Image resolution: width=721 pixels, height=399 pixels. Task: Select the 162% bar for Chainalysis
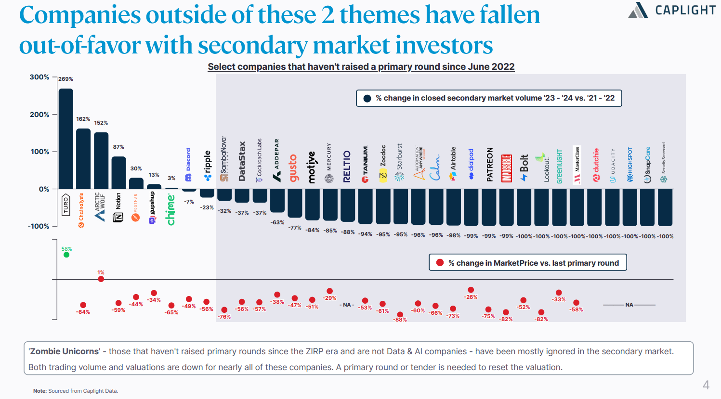point(83,159)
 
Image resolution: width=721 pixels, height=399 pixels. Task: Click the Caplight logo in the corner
point(672,10)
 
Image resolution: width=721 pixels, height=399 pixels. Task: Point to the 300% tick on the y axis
point(39,77)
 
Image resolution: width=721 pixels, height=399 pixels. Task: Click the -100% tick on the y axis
point(39,226)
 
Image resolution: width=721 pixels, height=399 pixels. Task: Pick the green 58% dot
point(66,255)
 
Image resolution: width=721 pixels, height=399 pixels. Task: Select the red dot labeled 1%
point(101,279)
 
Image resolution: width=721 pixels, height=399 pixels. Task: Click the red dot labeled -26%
point(471,290)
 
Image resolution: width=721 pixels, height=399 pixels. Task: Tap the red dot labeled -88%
point(400,314)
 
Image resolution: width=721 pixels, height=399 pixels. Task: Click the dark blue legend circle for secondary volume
point(367,98)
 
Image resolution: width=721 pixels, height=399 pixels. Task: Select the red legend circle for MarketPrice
point(440,263)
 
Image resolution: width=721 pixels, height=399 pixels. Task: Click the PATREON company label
point(489,164)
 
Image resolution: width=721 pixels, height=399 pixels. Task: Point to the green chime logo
point(170,209)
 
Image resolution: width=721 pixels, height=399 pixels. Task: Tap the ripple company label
point(208,165)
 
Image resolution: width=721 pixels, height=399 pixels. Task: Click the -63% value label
point(277,222)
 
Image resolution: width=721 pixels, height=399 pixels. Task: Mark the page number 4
point(706,385)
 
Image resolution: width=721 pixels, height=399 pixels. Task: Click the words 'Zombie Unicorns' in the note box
point(64,351)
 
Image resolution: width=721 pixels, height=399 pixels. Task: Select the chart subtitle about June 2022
point(361,67)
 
